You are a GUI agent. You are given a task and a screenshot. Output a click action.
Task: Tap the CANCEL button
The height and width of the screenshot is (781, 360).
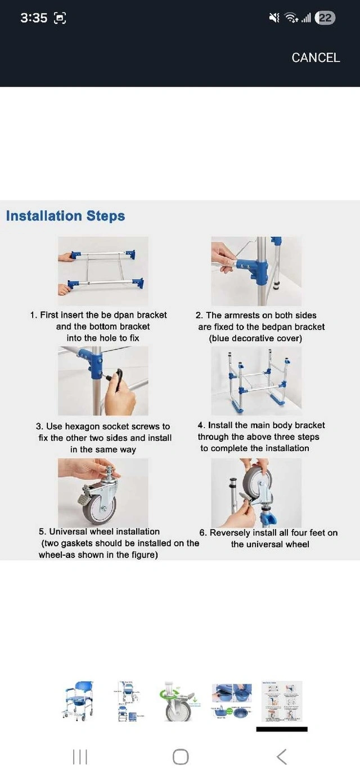click(316, 57)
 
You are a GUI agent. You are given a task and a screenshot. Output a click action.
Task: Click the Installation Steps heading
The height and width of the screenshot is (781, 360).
click(65, 216)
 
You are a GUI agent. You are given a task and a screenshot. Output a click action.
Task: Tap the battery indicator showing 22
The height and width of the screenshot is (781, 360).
click(325, 18)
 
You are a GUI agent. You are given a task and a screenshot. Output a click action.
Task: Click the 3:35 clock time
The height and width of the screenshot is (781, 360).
click(33, 18)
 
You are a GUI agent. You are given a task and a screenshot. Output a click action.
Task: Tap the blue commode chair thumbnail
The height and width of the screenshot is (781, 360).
click(78, 701)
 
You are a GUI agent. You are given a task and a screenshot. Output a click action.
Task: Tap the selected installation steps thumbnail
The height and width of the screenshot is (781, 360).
click(282, 701)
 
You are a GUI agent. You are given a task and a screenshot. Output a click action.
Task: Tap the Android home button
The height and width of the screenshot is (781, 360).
click(181, 757)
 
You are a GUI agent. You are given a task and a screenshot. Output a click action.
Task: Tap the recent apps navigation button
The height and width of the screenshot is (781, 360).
click(80, 757)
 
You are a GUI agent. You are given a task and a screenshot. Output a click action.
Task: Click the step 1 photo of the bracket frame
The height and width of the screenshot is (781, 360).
click(103, 271)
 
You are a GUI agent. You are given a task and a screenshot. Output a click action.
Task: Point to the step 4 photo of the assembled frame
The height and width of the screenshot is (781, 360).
click(256, 380)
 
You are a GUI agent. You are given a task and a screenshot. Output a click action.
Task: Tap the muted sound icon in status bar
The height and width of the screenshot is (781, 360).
click(274, 18)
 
